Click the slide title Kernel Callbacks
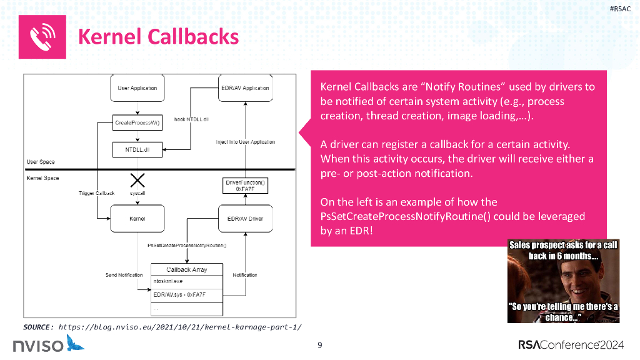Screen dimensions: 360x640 click(158, 37)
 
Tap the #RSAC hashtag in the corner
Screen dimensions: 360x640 click(619, 8)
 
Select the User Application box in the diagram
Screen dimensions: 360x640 click(137, 88)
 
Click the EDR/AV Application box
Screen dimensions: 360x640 click(245, 88)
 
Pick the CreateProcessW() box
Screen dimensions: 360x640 click(137, 123)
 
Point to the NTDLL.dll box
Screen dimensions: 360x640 click(137, 150)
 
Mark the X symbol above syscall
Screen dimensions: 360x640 click(137, 181)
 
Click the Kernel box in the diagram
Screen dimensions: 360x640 click(137, 219)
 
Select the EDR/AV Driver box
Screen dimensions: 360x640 click(245, 219)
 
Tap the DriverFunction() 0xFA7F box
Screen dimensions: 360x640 click(245, 186)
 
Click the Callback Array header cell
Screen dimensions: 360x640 click(186, 270)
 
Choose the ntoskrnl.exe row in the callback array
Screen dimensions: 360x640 click(186, 282)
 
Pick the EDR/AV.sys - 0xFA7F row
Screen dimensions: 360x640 click(186, 294)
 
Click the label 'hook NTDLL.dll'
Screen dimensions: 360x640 click(191, 119)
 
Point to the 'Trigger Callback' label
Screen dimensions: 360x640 click(96, 194)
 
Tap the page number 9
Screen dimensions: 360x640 click(320, 345)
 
